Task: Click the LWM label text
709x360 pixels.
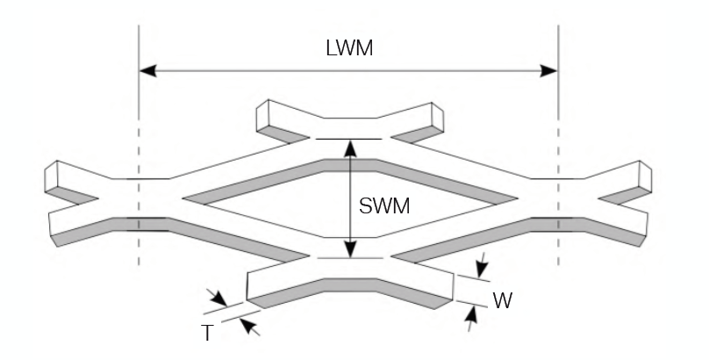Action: [348, 49]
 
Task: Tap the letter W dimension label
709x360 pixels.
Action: [502, 300]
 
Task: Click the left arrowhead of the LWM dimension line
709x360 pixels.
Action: [149, 70]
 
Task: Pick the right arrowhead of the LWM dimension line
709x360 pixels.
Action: [550, 70]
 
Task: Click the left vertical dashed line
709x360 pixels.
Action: [139, 132]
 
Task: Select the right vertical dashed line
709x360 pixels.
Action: [559, 132]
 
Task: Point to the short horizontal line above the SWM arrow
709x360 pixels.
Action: [350, 139]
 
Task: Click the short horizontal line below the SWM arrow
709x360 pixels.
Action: [350, 258]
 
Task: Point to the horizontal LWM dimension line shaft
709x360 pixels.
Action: [263, 70]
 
